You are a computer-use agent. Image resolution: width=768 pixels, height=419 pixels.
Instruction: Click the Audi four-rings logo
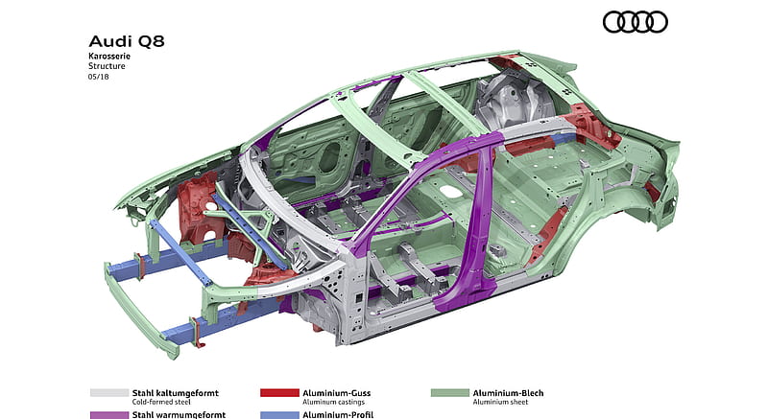(635, 22)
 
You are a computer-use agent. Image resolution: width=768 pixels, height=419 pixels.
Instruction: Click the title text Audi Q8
(127, 41)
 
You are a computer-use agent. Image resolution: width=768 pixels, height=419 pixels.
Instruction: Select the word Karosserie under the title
(109, 56)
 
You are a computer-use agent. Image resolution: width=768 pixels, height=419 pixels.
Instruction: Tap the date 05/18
(99, 77)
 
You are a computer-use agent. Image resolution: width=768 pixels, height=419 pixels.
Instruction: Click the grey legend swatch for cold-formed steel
(109, 392)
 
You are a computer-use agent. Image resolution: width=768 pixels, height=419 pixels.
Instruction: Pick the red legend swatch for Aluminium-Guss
(279, 392)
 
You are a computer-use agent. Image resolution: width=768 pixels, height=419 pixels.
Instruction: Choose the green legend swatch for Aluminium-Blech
(450, 392)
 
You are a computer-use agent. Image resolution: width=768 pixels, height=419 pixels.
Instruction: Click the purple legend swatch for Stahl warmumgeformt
(109, 415)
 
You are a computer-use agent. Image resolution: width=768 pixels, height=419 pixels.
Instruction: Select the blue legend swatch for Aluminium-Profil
(279, 415)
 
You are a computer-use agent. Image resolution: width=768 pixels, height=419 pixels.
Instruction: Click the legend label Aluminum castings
(333, 402)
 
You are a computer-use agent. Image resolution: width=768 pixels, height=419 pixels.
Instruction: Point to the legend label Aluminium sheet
(500, 402)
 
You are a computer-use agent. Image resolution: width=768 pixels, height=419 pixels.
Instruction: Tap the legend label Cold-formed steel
(161, 402)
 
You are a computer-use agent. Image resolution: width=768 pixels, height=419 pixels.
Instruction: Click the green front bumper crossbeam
(138, 313)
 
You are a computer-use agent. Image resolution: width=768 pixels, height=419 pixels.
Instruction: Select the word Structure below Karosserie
(107, 66)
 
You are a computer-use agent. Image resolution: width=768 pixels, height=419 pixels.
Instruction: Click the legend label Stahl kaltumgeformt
(176, 392)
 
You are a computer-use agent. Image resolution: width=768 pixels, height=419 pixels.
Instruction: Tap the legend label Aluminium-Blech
(508, 392)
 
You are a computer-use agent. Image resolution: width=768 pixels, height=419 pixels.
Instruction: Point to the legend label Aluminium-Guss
(337, 392)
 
